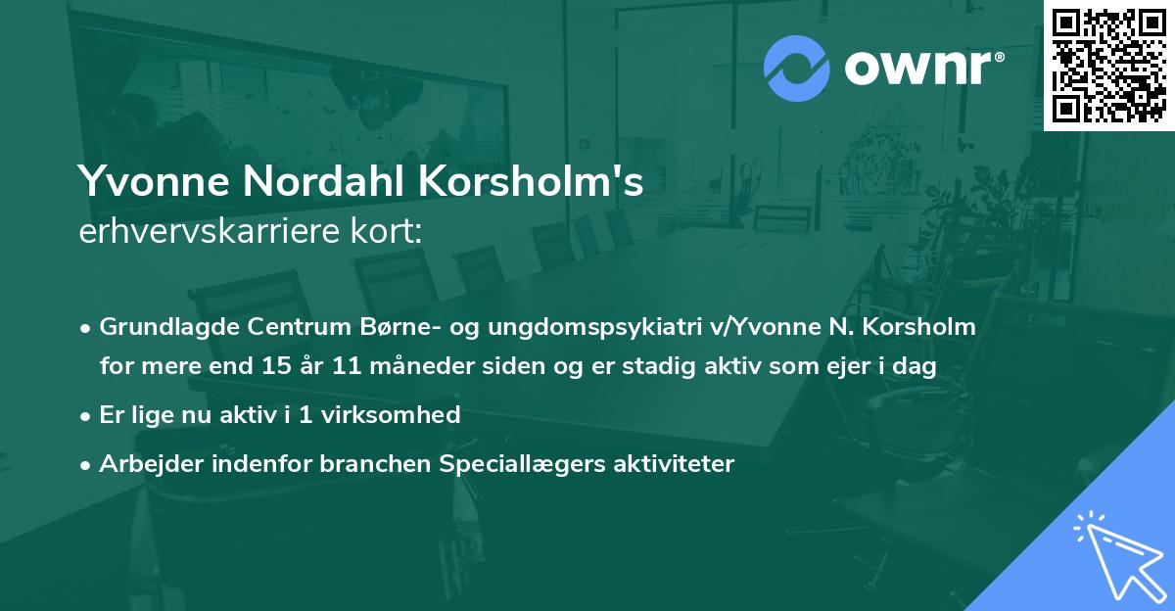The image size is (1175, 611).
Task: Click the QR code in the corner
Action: [1108, 65]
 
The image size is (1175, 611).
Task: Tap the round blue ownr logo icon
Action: [796, 70]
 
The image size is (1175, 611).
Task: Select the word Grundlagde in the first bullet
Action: [161, 327]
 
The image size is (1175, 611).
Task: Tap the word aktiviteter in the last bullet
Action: [681, 463]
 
